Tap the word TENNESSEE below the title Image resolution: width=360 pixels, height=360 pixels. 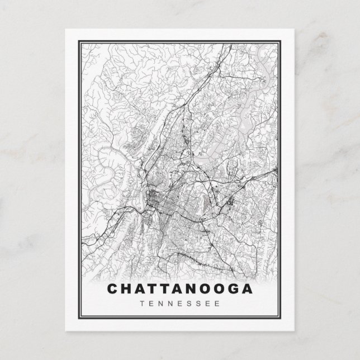click(x=179, y=304)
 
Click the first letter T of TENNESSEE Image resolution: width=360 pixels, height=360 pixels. click(x=145, y=304)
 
